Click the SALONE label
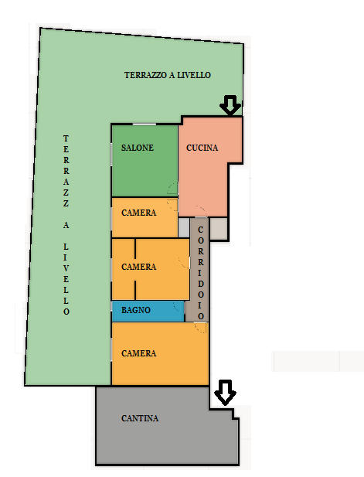click(138, 148)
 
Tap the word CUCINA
click(202, 148)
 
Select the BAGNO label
click(136, 310)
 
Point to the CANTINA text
click(140, 418)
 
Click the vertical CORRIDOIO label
click(201, 273)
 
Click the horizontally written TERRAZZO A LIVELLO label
click(168, 75)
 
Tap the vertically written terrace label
click(66, 225)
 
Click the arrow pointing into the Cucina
click(230, 105)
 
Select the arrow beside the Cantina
click(225, 393)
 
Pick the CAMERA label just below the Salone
click(138, 213)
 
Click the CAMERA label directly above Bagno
click(138, 267)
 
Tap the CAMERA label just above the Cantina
click(138, 353)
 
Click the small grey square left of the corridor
click(184, 227)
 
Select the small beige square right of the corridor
click(219, 229)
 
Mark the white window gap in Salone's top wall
click(145, 124)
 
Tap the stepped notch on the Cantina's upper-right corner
click(234, 414)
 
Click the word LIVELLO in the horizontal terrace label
click(194, 75)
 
